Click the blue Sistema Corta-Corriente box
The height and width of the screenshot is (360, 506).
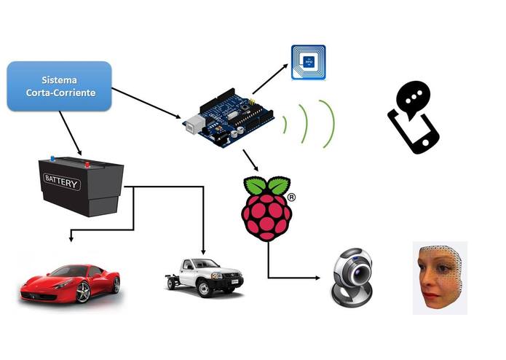(x=59, y=86)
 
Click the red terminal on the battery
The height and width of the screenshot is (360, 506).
(x=89, y=164)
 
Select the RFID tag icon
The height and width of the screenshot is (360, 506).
(x=307, y=63)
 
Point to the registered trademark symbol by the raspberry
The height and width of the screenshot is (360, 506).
(x=291, y=197)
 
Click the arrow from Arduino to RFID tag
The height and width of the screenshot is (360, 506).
(x=269, y=79)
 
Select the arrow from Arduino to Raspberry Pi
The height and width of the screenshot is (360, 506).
(x=251, y=160)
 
